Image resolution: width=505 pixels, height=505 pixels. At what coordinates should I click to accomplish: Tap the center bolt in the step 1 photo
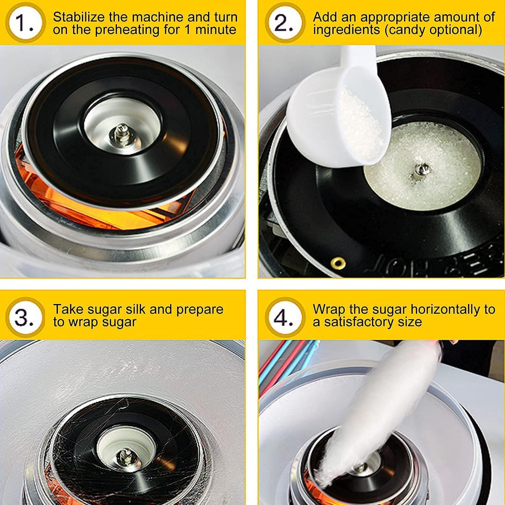(120, 134)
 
